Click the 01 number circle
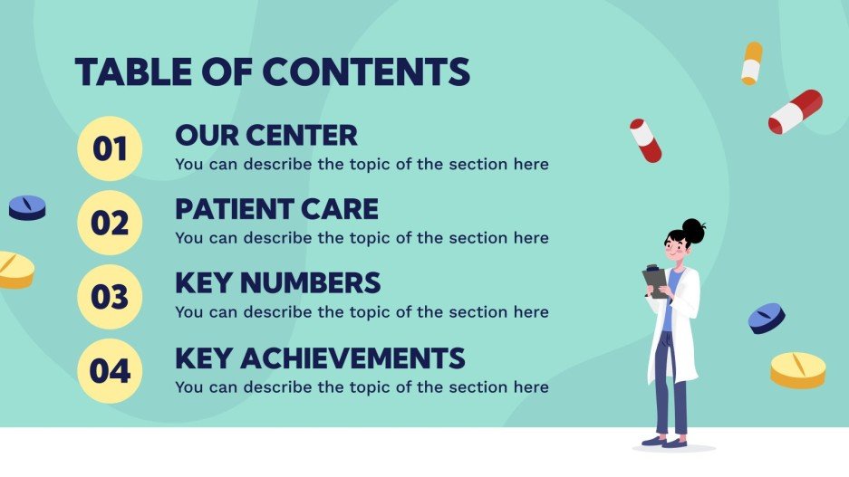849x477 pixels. click(x=110, y=148)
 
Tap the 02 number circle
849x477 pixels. click(x=110, y=223)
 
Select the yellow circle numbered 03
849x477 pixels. click(x=110, y=297)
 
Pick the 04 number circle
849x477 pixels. click(x=110, y=371)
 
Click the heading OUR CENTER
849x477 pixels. click(x=266, y=136)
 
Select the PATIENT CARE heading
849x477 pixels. click(x=276, y=210)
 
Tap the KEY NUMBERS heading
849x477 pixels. click(x=277, y=283)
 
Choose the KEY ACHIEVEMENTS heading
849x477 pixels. click(x=320, y=358)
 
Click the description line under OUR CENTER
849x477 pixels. click(x=362, y=165)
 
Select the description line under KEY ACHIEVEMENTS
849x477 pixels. click(x=362, y=387)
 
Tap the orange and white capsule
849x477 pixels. click(x=751, y=63)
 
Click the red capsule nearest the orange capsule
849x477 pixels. click(x=795, y=111)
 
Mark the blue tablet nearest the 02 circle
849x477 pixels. click(x=27, y=208)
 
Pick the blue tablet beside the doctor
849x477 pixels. click(x=767, y=318)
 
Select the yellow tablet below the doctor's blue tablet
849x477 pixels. click(x=798, y=369)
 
